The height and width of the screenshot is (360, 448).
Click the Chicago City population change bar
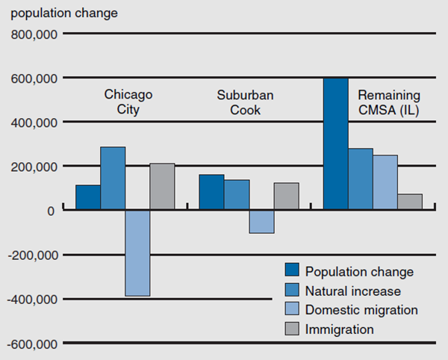(x=88, y=197)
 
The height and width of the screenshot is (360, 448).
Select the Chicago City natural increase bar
(x=113, y=179)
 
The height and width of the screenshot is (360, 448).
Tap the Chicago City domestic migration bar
(x=137, y=253)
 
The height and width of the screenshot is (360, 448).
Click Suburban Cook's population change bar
(x=211, y=192)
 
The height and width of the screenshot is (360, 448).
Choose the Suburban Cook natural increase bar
(x=236, y=195)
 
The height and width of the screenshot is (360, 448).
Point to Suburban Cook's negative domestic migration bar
(x=261, y=222)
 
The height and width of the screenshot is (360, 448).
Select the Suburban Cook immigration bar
(x=286, y=196)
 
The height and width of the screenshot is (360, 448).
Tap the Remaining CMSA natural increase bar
(x=360, y=179)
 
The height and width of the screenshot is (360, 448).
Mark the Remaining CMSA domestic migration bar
(x=385, y=182)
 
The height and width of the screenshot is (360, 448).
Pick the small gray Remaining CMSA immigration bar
(x=410, y=202)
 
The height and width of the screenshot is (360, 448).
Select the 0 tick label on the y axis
(x=51, y=211)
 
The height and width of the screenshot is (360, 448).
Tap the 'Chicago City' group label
(x=128, y=102)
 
